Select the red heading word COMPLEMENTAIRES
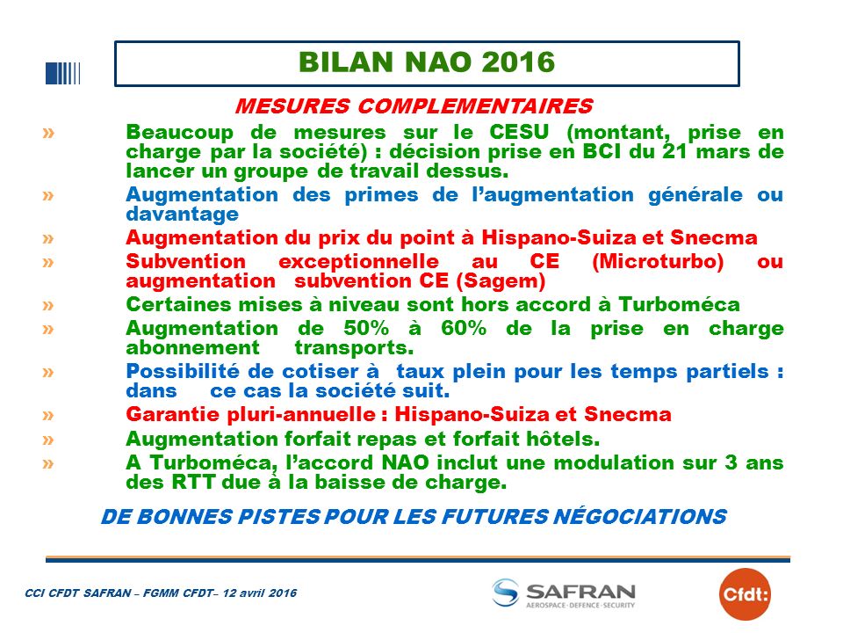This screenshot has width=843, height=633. click(475, 105)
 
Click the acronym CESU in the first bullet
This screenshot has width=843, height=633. click(519, 132)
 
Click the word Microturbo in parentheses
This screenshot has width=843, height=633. click(658, 262)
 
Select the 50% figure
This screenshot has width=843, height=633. click(366, 328)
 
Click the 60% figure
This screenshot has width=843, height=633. click(464, 328)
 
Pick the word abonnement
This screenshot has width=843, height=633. click(192, 348)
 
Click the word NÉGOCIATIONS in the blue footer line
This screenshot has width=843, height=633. click(640, 517)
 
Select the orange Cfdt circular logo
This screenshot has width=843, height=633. click(745, 594)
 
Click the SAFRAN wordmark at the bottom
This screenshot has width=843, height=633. click(580, 592)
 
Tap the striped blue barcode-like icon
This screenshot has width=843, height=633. click(63, 73)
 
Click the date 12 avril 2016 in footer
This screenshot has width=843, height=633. click(260, 593)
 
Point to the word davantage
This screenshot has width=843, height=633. click(183, 215)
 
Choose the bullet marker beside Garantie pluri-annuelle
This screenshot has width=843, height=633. click(48, 415)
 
